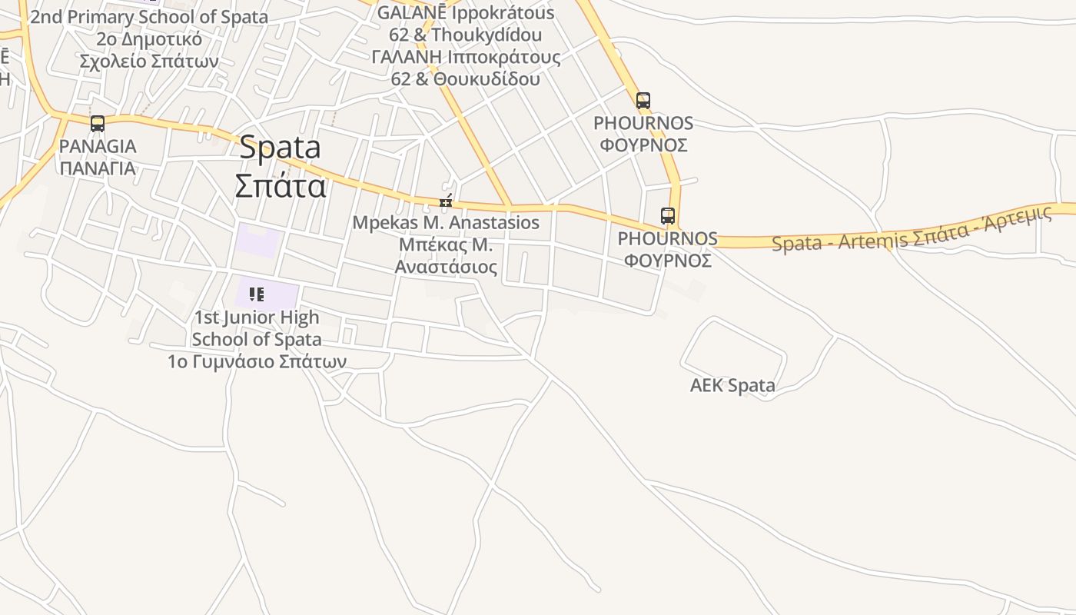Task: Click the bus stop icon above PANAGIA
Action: tap(98, 124)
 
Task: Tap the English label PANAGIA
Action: tap(98, 146)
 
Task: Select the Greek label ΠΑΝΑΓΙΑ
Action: tap(98, 168)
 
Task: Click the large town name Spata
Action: tap(280, 148)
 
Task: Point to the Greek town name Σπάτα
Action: tap(281, 186)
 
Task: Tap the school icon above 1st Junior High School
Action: tap(257, 294)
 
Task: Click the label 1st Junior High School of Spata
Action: tap(257, 328)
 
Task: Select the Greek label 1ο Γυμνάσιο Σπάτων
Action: tap(257, 361)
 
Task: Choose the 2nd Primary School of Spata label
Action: tap(149, 17)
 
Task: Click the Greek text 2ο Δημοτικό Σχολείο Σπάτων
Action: tap(149, 50)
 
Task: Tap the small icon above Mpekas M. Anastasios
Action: tap(446, 202)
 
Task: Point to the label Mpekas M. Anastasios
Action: tap(446, 223)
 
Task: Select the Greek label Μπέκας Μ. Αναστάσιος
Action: tap(446, 256)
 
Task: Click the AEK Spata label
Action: tap(732, 385)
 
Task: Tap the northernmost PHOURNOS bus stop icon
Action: tap(643, 100)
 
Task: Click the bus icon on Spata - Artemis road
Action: tap(668, 216)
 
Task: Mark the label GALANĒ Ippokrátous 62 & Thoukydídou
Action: tap(466, 24)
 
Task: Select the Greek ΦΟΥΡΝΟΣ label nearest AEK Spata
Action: tap(667, 261)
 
